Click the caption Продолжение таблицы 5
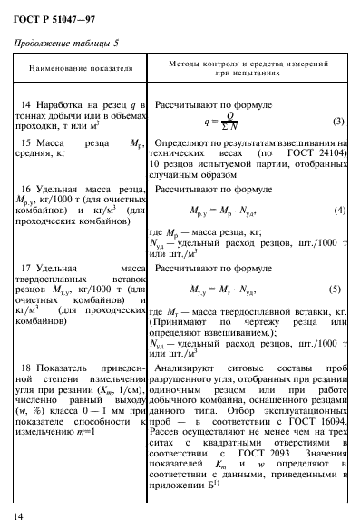pyautogui.click(x=66, y=42)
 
